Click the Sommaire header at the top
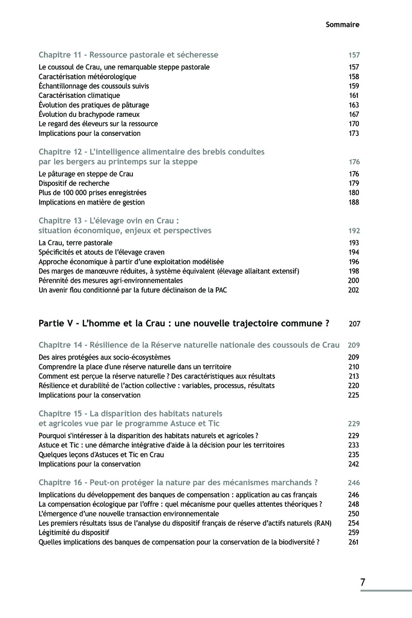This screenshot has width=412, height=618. click(342, 24)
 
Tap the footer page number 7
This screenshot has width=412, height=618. click(363, 582)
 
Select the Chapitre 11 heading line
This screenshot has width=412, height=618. click(129, 55)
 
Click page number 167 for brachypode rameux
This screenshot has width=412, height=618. click(353, 114)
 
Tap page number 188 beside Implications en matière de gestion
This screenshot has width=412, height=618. click(353, 202)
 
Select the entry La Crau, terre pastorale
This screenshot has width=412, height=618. click(75, 243)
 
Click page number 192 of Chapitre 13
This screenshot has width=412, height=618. click(353, 231)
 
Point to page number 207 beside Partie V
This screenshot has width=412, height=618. click(354, 324)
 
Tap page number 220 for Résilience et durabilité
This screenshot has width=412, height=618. click(353, 385)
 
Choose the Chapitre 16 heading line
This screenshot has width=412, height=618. click(178, 483)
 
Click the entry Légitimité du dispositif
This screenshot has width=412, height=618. click(73, 533)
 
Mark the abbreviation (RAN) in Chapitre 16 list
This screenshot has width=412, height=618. click(321, 523)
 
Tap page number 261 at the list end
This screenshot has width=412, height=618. click(353, 542)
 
